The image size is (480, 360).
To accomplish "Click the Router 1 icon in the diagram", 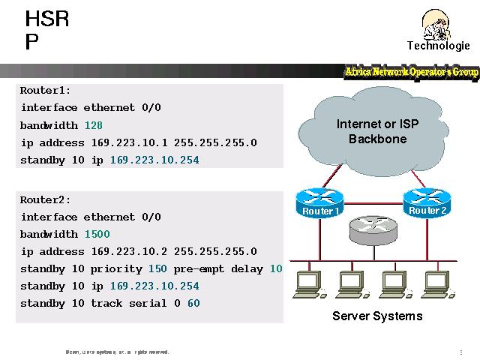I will [319, 200].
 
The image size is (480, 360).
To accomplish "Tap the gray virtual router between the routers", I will [373, 229].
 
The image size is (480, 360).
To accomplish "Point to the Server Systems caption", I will [377, 316].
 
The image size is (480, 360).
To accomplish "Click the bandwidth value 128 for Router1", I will [94, 124].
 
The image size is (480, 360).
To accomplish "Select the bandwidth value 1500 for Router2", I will [97, 234].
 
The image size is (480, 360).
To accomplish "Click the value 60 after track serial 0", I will [193, 303].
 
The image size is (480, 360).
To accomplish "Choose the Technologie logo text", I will [438, 45].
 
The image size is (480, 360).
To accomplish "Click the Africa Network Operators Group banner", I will [411, 72].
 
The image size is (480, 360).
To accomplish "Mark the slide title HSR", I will [46, 19].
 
